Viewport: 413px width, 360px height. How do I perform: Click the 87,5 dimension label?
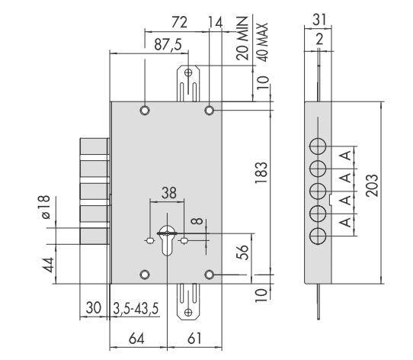tap(168, 44)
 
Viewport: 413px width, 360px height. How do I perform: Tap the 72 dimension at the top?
tap(179, 22)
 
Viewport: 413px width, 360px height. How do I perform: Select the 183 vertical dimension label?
tap(261, 172)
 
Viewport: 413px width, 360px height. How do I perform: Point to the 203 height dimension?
tap(372, 185)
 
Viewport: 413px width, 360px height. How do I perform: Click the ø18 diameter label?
tap(46, 207)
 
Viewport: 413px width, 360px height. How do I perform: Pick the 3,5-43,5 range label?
tap(136, 308)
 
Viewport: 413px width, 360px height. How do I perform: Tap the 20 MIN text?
tap(242, 38)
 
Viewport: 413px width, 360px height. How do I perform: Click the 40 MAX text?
tap(262, 43)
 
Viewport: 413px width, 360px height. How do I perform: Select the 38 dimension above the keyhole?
tap(169, 193)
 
